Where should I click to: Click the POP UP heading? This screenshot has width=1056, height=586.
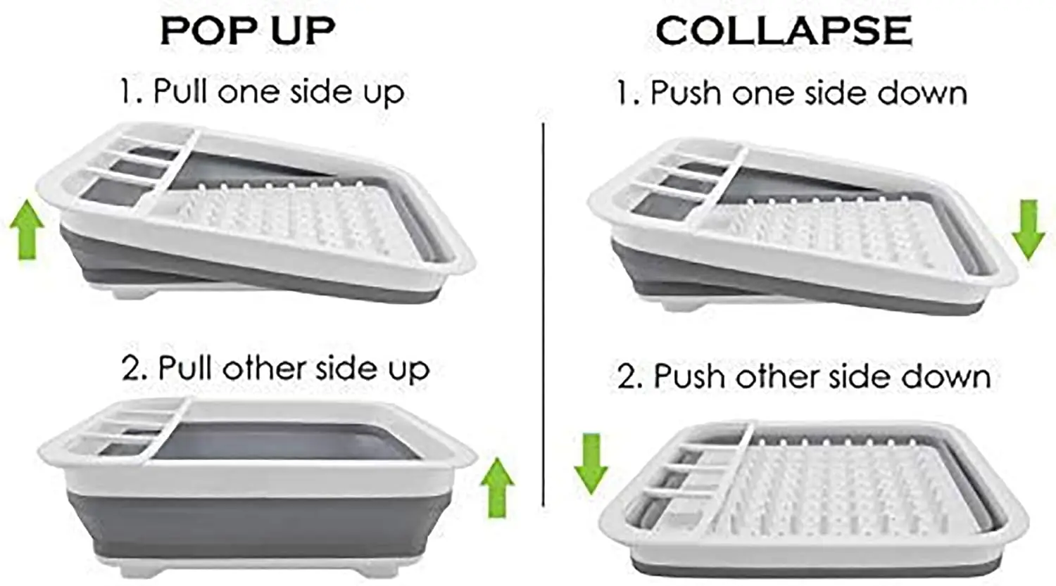pyautogui.click(x=248, y=31)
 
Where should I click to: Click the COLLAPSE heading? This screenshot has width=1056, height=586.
pyautogui.click(x=784, y=31)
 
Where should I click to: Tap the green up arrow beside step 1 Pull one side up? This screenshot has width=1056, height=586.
pyautogui.click(x=27, y=229)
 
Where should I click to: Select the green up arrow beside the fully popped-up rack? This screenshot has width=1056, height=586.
pyautogui.click(x=497, y=488)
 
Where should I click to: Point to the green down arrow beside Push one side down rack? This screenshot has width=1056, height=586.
pyautogui.click(x=1029, y=230)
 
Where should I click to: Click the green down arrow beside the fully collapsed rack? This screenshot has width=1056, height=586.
pyautogui.click(x=591, y=464)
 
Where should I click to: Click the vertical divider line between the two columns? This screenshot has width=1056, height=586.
pyautogui.click(x=543, y=314)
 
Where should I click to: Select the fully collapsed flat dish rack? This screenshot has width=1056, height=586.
pyautogui.click(x=813, y=498)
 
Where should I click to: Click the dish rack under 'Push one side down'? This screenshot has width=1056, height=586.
pyautogui.click(x=803, y=227)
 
